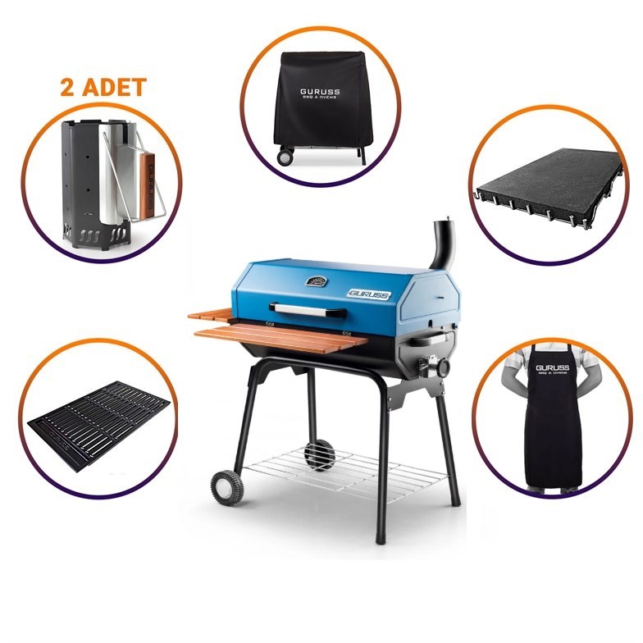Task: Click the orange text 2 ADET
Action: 103,88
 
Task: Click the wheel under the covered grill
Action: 285,155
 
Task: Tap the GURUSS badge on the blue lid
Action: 367,293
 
